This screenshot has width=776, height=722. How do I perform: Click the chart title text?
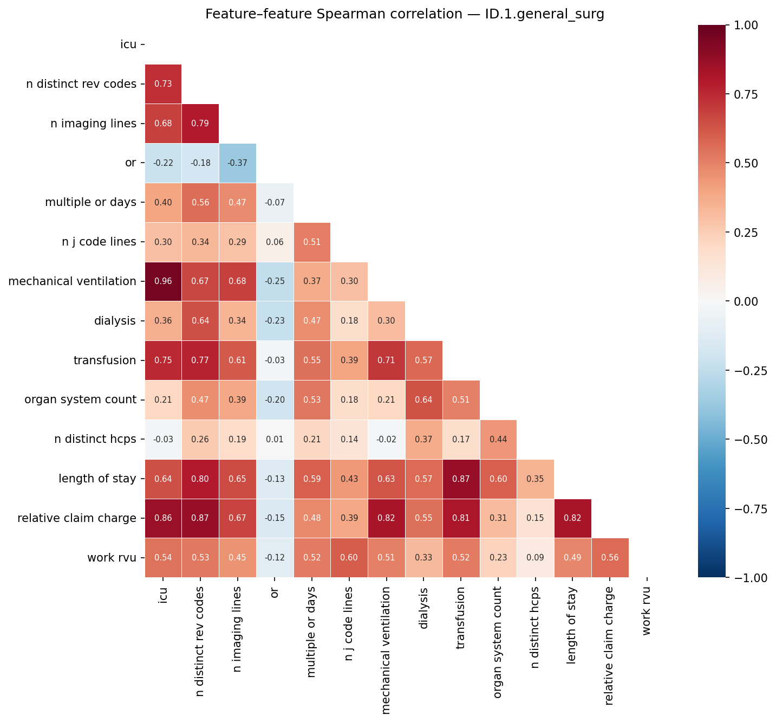405,15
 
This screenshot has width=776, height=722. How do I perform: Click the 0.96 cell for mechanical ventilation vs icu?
163,281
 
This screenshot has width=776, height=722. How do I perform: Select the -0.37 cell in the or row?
238,163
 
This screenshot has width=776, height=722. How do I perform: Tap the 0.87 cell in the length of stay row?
461,479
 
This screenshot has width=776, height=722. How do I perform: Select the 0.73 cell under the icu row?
163,84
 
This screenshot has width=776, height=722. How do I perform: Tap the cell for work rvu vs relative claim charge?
610,558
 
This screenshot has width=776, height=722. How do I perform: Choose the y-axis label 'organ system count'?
80,400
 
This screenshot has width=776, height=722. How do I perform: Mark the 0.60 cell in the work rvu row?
349,558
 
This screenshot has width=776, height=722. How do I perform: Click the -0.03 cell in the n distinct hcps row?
163,440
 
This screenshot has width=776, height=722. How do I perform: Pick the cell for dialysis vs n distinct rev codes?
200,321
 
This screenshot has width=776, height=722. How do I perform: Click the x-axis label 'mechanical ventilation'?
386,651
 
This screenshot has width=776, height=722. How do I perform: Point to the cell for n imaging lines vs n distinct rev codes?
200,124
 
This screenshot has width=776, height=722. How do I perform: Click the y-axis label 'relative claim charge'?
77,518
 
